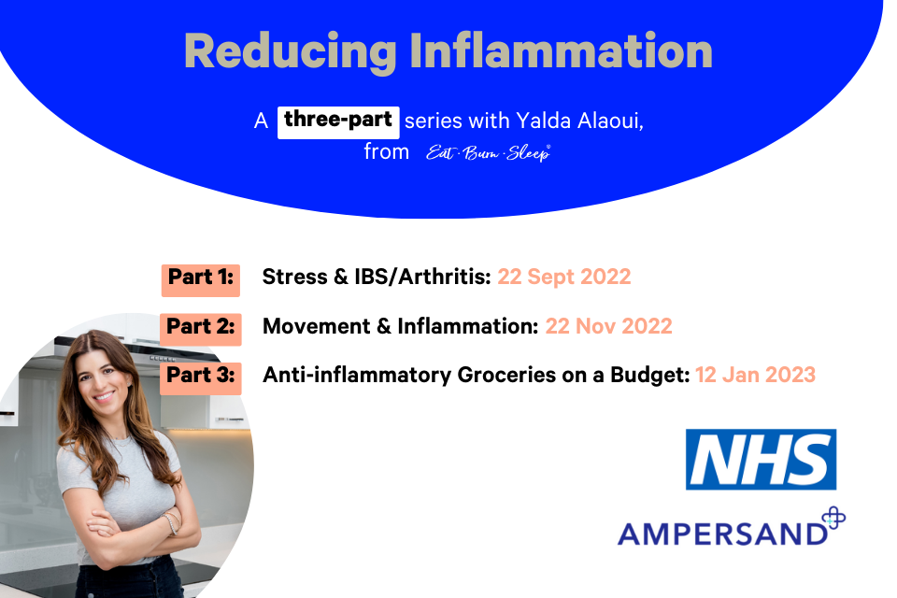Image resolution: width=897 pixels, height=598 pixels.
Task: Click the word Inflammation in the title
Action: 562,52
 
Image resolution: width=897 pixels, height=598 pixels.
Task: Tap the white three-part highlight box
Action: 339,121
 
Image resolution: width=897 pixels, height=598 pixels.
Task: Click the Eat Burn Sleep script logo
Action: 488,153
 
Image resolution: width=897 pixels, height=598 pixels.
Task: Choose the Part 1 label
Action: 200,278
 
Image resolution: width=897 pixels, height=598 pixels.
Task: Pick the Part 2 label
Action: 200,327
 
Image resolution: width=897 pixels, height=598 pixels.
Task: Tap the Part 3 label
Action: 200,376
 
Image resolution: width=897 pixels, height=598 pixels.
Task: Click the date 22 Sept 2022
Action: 564,278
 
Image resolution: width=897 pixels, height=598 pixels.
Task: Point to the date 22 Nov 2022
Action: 609,327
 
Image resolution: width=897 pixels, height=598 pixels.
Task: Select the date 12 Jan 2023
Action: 755,376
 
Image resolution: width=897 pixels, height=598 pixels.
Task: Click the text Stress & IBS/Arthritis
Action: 377,278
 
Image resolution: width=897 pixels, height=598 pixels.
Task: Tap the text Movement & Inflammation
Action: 400,327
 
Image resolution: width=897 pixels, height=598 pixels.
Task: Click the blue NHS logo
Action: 761,460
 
